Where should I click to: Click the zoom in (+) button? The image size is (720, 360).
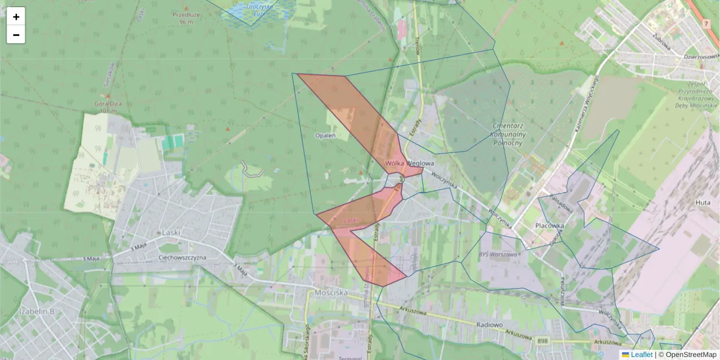tap(16, 17)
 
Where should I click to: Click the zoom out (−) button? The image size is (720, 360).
tap(16, 35)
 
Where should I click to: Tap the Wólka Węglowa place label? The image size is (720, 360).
tap(409, 163)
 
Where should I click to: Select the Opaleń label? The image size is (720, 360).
tap(325, 136)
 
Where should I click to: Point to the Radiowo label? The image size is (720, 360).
tap(488, 325)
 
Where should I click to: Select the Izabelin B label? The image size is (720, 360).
tap(37, 311)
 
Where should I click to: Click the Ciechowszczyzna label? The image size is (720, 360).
tap(181, 257)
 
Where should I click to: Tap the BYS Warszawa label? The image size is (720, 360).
tap(498, 254)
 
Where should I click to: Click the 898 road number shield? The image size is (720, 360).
tap(543, 341)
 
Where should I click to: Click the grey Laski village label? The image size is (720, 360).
tap(171, 232)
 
